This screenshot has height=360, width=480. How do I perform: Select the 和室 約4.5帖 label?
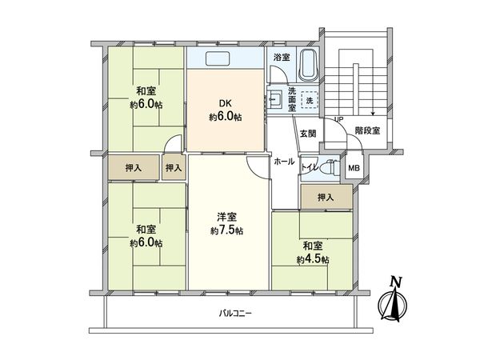[x=313, y=251]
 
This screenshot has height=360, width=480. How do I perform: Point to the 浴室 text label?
[x=281, y=58]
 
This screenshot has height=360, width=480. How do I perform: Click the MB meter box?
[x=353, y=168]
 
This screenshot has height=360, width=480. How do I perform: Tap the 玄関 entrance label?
[x=308, y=133]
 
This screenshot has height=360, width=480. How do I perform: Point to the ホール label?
[x=284, y=162]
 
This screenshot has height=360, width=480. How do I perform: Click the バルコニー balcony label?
[x=235, y=313]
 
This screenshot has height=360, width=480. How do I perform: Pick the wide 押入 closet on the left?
[x=134, y=168]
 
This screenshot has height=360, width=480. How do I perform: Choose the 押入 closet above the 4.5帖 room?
[x=325, y=196]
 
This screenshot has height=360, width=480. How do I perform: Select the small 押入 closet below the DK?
[x=174, y=168]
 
